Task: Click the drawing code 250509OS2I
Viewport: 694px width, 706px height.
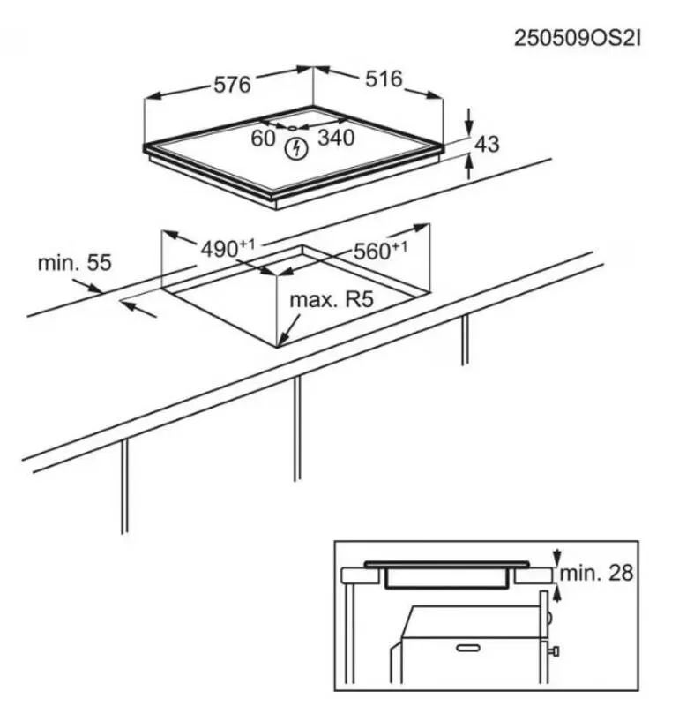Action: [577, 38]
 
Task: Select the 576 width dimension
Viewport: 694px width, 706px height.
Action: [232, 85]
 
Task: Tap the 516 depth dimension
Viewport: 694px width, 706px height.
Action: [384, 79]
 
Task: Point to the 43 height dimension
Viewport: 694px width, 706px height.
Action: [487, 144]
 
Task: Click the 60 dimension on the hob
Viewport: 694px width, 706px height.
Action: [263, 139]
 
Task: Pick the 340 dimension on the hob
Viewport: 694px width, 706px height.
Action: [336, 138]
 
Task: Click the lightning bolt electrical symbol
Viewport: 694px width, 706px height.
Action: [296, 148]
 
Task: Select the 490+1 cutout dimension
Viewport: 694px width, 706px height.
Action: [228, 248]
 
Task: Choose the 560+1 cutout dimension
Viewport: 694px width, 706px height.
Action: [380, 250]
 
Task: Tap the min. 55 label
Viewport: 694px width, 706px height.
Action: [75, 263]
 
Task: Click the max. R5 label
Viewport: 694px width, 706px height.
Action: [332, 299]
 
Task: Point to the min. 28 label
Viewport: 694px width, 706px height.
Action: [596, 573]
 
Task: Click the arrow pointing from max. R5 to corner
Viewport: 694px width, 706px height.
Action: [288, 330]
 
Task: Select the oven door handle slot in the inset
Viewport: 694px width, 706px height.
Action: [468, 649]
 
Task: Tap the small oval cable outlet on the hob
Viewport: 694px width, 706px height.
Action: [293, 128]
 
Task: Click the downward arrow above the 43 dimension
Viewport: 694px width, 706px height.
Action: [468, 122]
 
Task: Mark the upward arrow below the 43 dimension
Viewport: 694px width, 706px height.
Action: [468, 166]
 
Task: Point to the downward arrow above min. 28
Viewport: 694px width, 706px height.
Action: [557, 557]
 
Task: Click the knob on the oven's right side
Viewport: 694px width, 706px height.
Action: [554, 651]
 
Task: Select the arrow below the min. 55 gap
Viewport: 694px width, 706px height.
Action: [139, 309]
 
